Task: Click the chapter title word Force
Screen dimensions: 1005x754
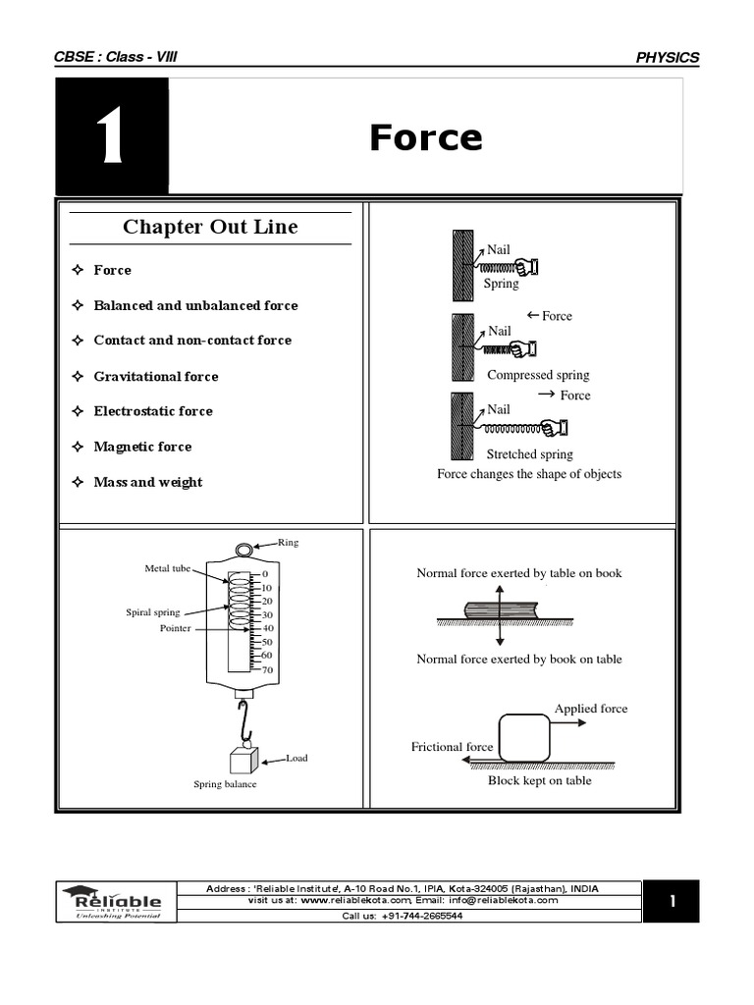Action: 425,138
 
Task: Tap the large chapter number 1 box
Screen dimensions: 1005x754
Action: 111,136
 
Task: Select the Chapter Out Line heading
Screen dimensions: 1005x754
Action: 210,228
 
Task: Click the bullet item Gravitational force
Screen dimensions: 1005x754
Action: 155,376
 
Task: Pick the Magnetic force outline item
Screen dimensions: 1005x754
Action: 142,447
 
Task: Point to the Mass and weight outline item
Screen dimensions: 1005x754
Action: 147,482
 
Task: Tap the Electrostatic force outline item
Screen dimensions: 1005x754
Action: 152,411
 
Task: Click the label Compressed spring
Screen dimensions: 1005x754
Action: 538,375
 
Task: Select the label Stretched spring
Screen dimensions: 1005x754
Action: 529,454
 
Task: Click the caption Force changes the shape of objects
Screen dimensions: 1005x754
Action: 528,474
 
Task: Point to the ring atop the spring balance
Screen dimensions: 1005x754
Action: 244,551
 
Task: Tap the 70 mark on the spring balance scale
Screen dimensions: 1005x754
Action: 268,670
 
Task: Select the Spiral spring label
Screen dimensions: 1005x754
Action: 153,612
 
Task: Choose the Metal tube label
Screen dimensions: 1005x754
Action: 168,568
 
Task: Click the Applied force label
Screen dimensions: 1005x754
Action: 590,709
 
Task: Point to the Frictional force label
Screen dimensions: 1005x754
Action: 452,747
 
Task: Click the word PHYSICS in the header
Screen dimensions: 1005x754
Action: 668,57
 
